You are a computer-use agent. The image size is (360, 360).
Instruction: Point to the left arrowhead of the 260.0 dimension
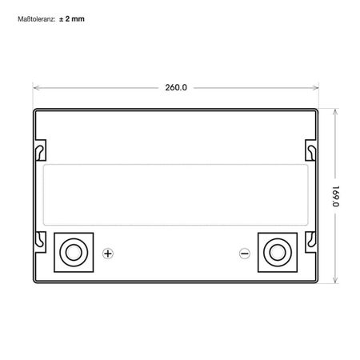click(35, 86)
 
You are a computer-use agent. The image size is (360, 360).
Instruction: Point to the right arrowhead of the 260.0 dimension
click(316, 86)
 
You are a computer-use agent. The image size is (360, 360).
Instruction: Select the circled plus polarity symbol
click(108, 254)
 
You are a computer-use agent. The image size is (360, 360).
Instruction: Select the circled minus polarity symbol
click(245, 254)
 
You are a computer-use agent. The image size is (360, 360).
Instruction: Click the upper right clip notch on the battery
click(311, 149)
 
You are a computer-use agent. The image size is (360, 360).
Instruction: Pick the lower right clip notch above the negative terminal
click(311, 236)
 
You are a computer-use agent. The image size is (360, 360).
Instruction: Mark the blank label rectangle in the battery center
click(176, 192)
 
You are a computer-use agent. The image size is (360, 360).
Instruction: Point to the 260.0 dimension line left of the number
click(96, 86)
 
